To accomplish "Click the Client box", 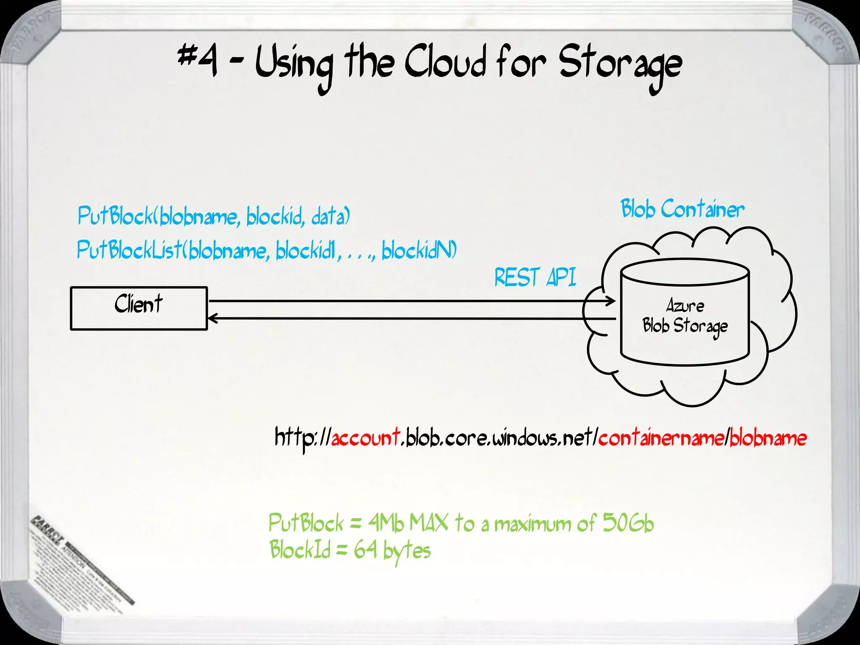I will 139,308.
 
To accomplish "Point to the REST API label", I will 535,277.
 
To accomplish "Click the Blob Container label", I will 682,209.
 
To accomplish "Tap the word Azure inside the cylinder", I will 685,306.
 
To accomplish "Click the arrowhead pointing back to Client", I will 213,319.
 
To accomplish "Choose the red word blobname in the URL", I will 768,438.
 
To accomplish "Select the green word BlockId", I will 300,550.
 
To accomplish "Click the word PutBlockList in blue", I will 129,250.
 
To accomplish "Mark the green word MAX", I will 429,523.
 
